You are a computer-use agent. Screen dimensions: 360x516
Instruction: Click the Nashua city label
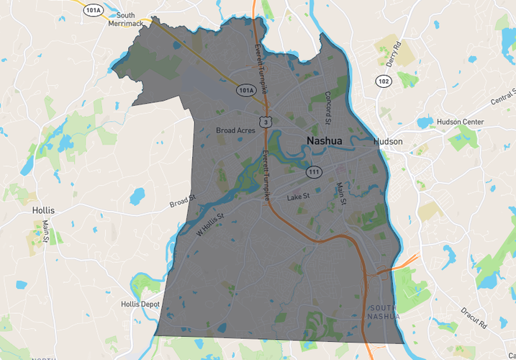pyautogui.click(x=324, y=141)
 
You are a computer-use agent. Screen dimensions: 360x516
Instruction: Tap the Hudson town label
pyautogui.click(x=388, y=142)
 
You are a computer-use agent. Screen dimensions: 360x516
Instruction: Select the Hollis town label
pyautogui.click(x=43, y=210)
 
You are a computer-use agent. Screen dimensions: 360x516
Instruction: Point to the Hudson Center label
pyautogui.click(x=461, y=122)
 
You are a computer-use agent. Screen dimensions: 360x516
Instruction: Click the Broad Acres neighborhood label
pyautogui.click(x=236, y=130)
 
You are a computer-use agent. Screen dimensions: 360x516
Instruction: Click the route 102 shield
pyautogui.click(x=383, y=81)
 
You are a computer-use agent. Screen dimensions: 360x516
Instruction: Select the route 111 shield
pyautogui.click(x=314, y=173)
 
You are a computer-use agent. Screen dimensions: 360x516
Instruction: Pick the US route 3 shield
pyautogui.click(x=267, y=122)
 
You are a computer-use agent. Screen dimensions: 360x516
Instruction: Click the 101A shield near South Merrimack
pyautogui.click(x=92, y=11)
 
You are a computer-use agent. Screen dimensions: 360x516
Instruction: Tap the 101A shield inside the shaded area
pyautogui.click(x=245, y=91)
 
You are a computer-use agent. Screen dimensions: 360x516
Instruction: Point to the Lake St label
pyautogui.click(x=298, y=196)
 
